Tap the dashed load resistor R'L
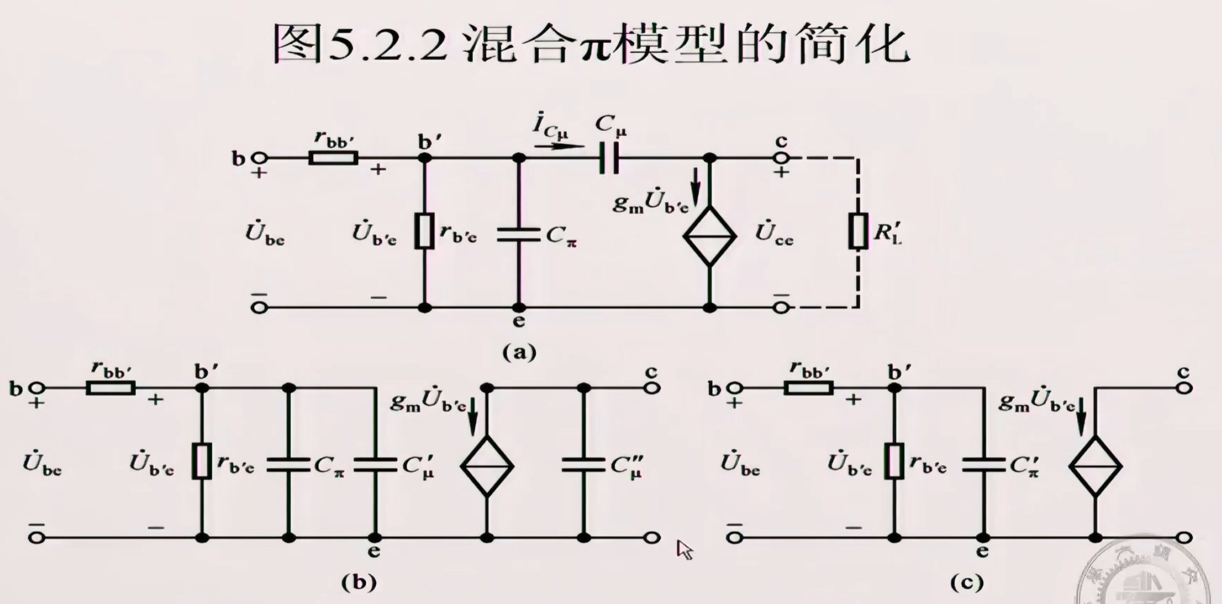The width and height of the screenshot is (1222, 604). point(858,231)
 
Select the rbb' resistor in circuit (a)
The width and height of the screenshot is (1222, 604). point(333,158)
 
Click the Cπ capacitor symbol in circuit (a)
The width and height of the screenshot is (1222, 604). point(519,234)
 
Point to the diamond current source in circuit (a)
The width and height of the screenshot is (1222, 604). point(709,235)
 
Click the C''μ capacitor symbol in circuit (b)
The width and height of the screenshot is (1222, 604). point(583,465)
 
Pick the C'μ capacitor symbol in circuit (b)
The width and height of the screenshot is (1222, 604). point(375,465)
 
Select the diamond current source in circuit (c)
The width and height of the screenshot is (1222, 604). point(1095,466)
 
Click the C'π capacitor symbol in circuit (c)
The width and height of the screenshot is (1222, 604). point(983,465)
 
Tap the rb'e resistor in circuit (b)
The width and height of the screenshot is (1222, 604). point(202,461)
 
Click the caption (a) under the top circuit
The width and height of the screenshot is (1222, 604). point(519,352)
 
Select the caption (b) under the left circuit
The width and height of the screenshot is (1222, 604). point(359,583)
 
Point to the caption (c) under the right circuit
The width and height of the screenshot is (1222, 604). point(966,583)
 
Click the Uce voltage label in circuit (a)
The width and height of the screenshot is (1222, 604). point(774,234)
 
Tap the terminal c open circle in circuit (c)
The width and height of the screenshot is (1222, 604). point(1184,388)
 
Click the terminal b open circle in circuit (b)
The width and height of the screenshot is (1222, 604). point(37,388)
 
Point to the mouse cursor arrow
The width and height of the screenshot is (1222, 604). point(684,549)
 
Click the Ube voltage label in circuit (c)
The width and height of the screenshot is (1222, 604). point(740,465)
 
